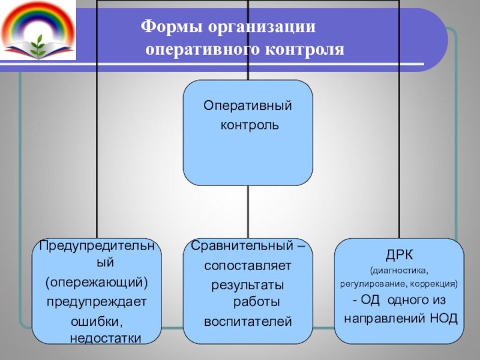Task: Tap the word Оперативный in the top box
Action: pos(247,106)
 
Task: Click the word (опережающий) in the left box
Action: pos(97,282)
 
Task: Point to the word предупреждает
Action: pos(97,301)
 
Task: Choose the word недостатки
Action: pos(106,338)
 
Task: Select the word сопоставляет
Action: pos(247,265)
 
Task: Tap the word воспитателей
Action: pos(248,322)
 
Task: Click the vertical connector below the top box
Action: pos(248,210)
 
